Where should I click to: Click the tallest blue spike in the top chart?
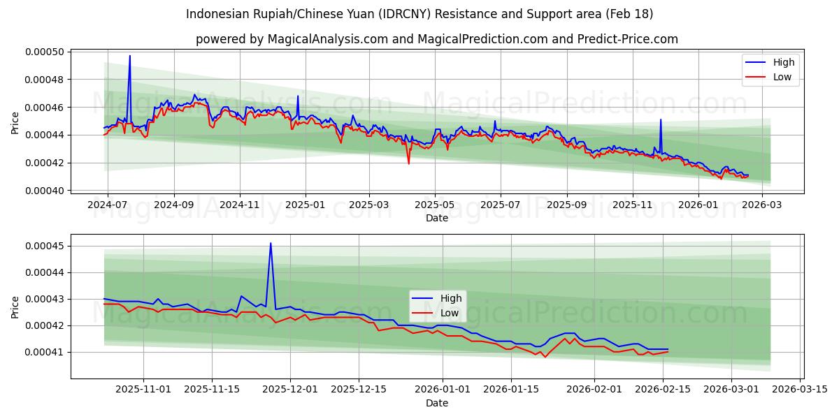pyautogui.click(x=129, y=56)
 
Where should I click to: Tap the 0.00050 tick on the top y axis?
pyautogui.click(x=43, y=52)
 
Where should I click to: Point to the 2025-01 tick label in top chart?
pyautogui.click(x=305, y=205)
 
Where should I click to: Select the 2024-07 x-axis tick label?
pyautogui.click(x=107, y=205)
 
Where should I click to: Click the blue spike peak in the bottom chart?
pyautogui.click(x=271, y=243)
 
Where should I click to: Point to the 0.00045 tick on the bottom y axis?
pyautogui.click(x=43, y=246)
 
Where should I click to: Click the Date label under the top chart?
pyautogui.click(x=437, y=218)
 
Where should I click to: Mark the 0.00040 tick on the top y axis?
pyautogui.click(x=43, y=191)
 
